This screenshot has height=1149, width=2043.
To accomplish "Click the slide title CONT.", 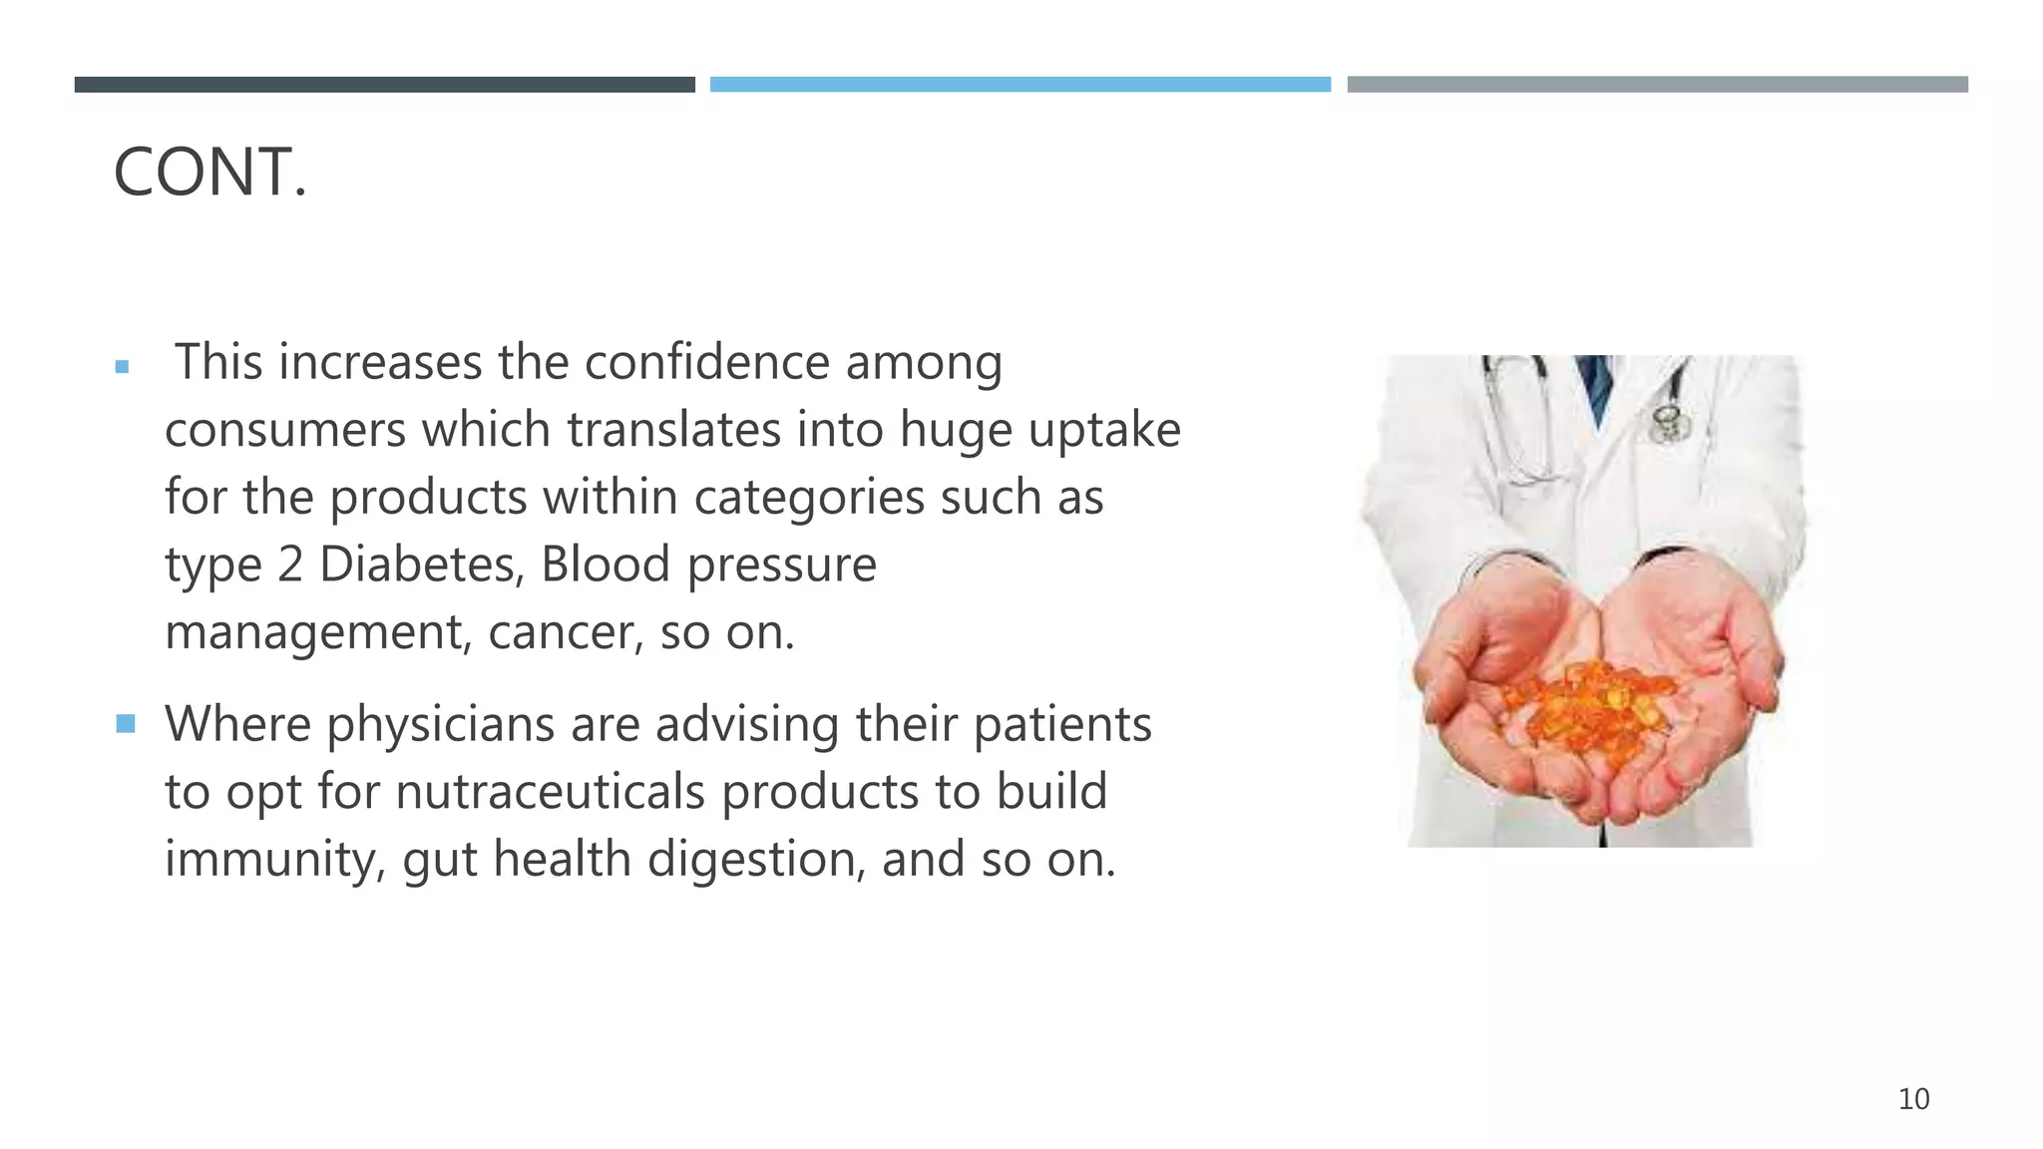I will [209, 173].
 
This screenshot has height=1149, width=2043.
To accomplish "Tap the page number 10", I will [1913, 1099].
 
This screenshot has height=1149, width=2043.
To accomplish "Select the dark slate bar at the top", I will [384, 85].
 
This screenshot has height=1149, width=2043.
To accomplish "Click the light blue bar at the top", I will [1020, 85].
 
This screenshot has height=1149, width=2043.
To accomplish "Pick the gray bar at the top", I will [1657, 85].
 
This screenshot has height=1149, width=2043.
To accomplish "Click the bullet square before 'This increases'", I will [122, 367].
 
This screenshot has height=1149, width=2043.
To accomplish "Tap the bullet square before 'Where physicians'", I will [126, 723].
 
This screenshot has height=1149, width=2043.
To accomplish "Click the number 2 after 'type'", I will [290, 565].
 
